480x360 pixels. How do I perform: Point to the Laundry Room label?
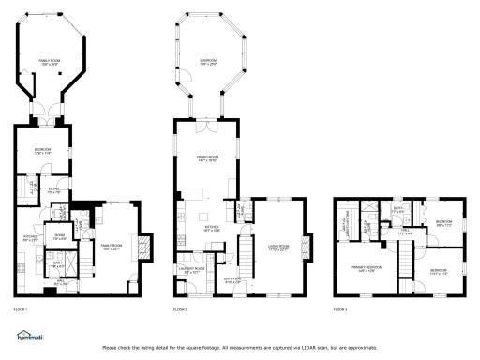192,270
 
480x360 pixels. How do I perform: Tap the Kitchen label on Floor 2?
212,227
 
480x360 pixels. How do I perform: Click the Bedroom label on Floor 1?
42,151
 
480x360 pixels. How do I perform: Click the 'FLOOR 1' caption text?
21,309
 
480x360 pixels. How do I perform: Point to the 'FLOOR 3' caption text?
340,309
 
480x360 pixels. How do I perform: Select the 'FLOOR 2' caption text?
179,309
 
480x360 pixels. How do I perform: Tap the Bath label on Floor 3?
397,209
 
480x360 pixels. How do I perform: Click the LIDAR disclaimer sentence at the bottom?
239,348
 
